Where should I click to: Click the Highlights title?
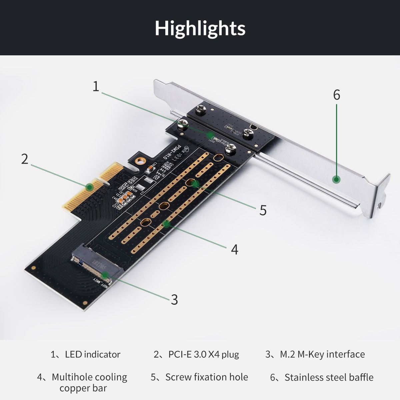[x=200, y=28]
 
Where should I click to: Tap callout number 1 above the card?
[x=96, y=86]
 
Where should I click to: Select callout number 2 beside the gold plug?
[x=25, y=159]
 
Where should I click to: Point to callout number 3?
[x=174, y=300]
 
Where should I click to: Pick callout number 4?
[x=235, y=249]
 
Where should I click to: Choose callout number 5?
[x=263, y=210]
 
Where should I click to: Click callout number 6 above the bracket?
[x=337, y=95]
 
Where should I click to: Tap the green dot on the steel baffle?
[x=337, y=180]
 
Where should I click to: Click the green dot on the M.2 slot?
[x=105, y=275]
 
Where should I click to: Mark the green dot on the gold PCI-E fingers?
[x=89, y=187]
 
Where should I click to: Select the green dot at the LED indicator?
[x=210, y=135]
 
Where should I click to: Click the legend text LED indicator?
[x=92, y=354]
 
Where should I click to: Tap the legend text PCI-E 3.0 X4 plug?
[x=203, y=354]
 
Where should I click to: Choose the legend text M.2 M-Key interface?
[x=322, y=354]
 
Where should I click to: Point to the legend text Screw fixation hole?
[x=206, y=377]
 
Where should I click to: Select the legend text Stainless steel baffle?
[x=329, y=377]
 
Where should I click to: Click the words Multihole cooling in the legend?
[x=89, y=377]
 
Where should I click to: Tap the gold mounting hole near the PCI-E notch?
[x=141, y=162]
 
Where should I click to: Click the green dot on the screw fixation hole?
[x=195, y=183]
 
